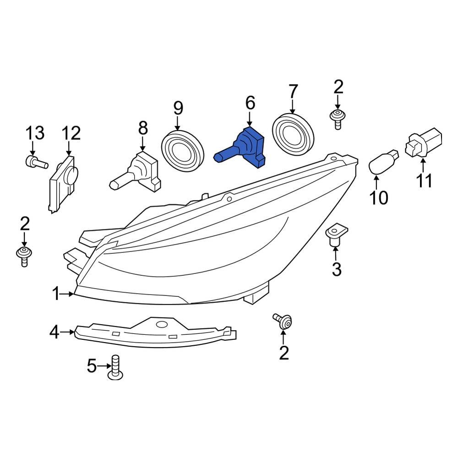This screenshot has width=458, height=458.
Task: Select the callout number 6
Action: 250,104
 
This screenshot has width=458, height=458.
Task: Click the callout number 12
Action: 71,133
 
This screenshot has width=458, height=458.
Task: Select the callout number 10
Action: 379,197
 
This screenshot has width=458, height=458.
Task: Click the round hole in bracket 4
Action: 162,325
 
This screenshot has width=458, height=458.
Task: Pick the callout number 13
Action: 35,133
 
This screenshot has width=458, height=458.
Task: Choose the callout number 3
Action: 337,270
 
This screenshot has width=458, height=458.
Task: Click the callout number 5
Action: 92,366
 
